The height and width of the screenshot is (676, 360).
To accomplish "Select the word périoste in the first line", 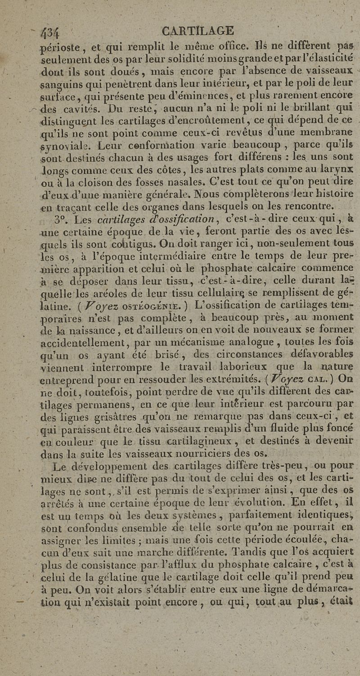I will pos(60,46).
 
